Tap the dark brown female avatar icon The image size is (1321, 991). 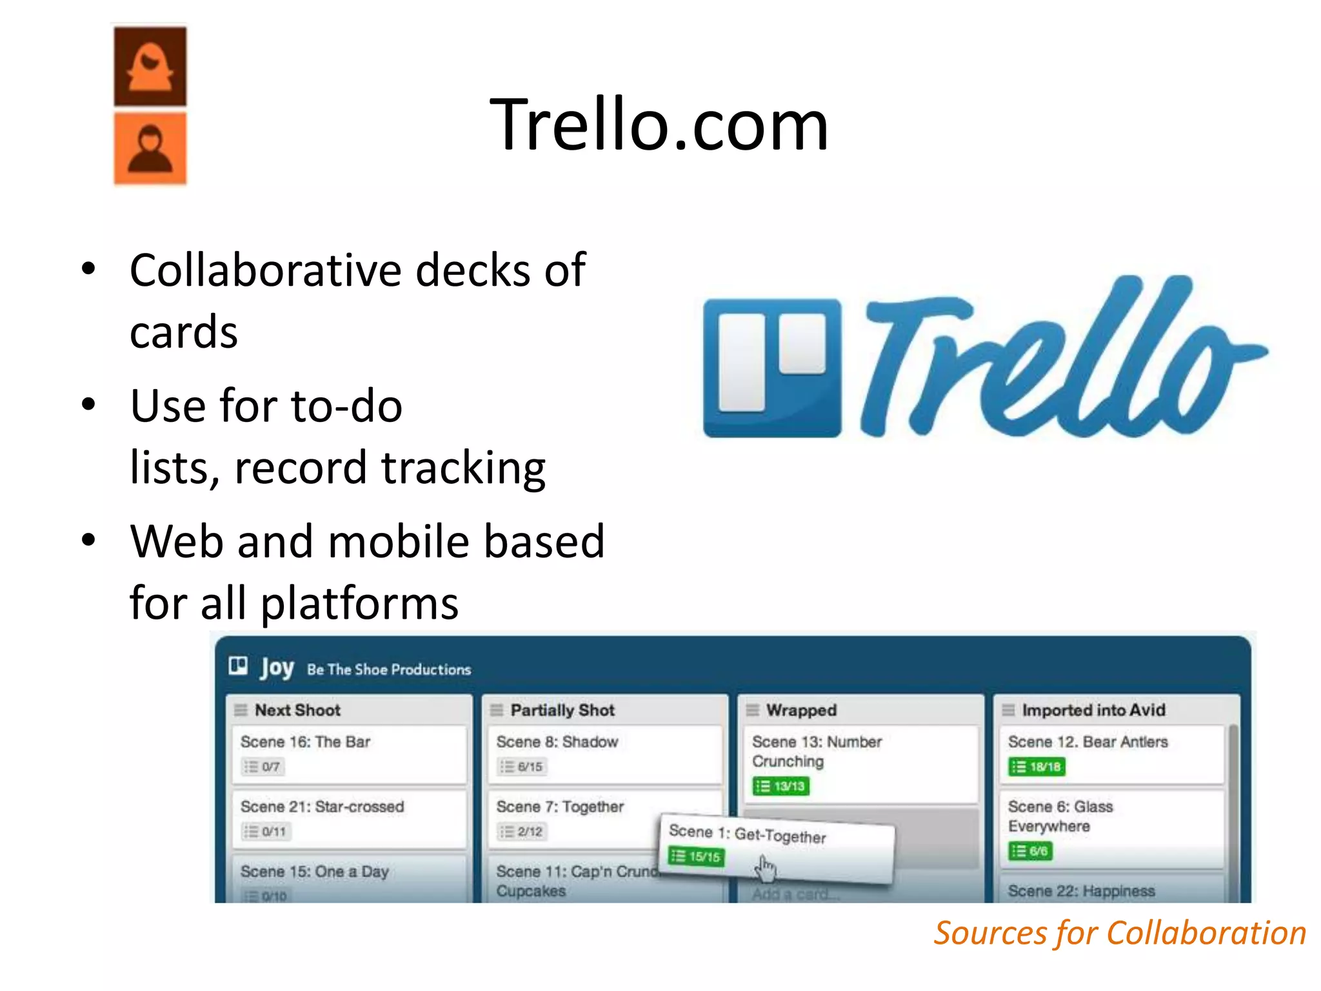[150, 66]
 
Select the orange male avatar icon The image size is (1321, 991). [150, 149]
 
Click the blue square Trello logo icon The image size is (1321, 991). [772, 368]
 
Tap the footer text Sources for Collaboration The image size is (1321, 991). [1120, 933]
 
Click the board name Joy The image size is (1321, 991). [277, 668]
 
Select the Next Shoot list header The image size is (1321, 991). [297, 710]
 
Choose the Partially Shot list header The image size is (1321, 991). [562, 710]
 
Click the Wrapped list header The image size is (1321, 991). [801, 710]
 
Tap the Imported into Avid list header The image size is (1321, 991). [1093, 710]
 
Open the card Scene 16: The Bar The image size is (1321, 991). [306, 742]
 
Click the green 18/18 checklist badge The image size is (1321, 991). [1037, 766]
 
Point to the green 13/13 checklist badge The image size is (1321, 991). [780, 786]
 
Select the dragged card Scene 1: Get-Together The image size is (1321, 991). [748, 834]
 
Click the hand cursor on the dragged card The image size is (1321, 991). [766, 868]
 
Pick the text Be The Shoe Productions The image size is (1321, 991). [389, 670]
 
